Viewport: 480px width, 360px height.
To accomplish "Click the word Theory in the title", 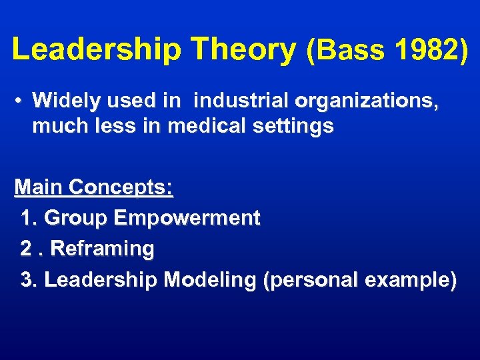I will click(243, 50).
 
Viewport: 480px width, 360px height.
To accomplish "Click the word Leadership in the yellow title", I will click(98, 50).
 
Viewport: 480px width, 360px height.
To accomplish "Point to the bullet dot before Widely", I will click(21, 101).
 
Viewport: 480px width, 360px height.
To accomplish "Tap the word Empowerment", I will click(187, 218).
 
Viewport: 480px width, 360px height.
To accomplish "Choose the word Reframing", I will click(102, 249).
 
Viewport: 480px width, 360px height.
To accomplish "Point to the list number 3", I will click(28, 280).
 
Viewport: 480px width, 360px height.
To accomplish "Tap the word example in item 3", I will click(410, 281).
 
